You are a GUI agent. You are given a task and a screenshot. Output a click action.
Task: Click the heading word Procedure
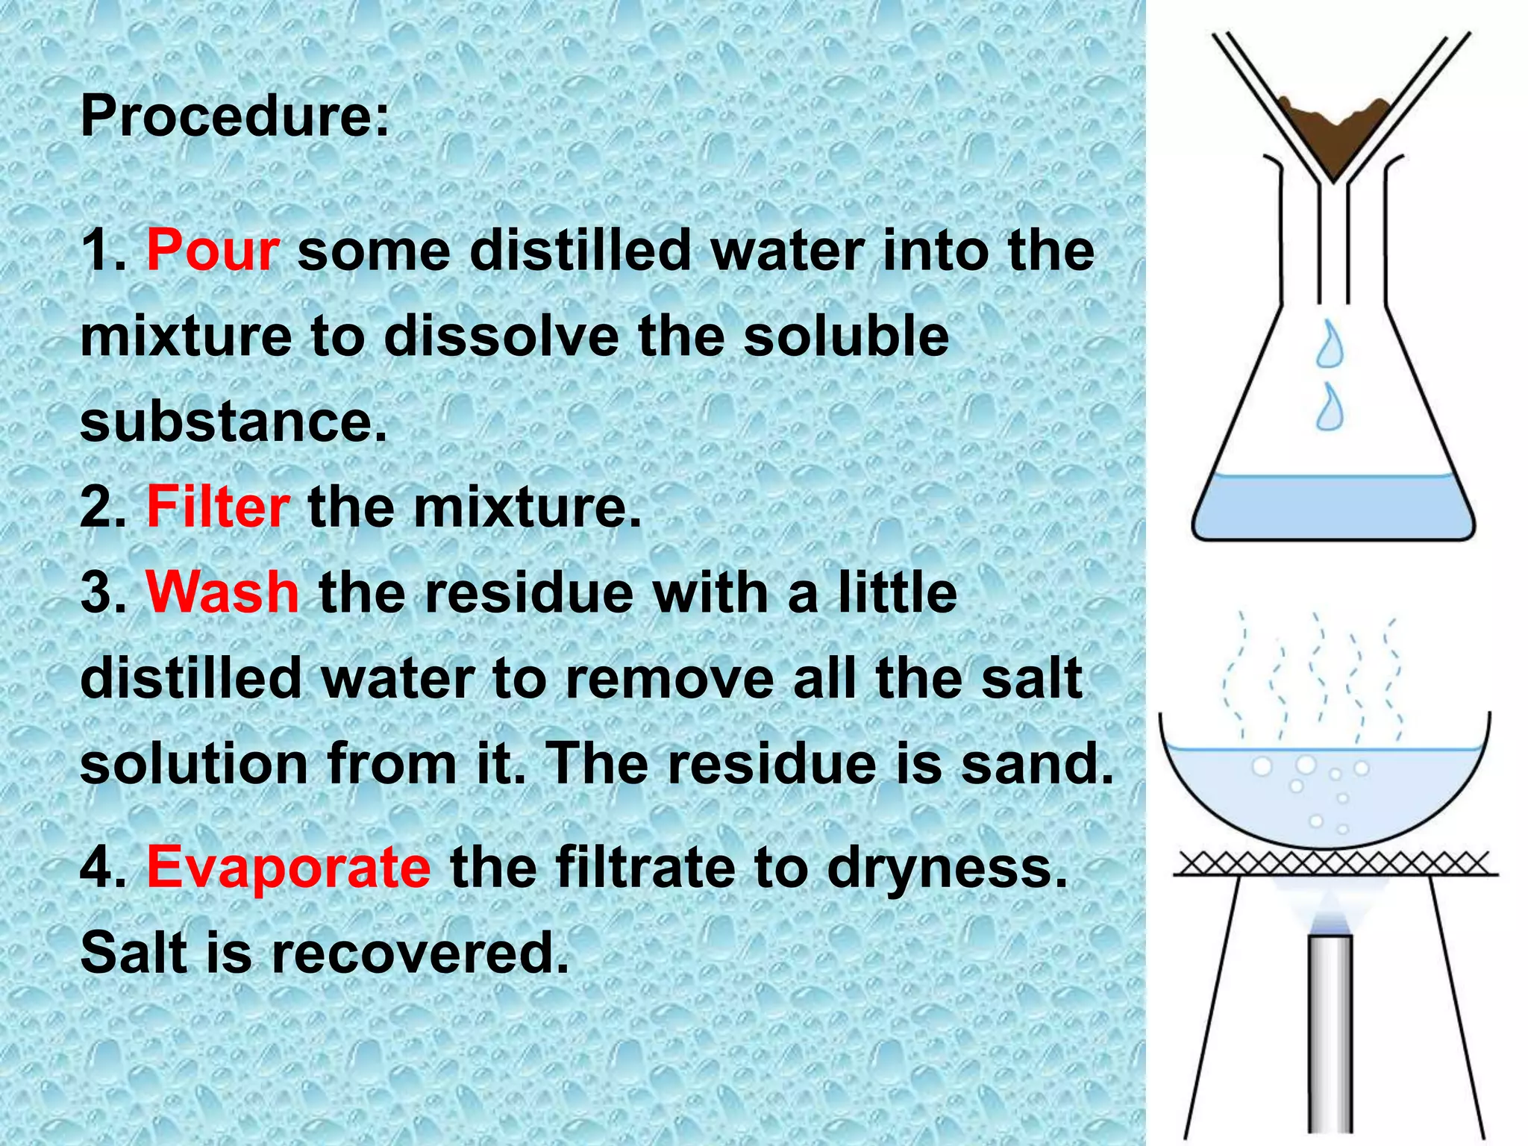[x=233, y=116]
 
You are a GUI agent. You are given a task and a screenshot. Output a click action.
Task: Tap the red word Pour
[x=213, y=250]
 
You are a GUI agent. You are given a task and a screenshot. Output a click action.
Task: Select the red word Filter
[x=218, y=507]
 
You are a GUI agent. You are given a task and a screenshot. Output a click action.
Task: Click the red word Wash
[x=222, y=592]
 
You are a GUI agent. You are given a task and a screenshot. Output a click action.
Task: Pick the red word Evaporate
[x=288, y=867]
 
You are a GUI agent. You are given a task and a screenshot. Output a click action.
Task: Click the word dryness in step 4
[x=947, y=868]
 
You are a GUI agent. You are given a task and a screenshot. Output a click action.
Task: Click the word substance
[x=233, y=422]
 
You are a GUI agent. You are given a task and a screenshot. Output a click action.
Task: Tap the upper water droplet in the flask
[x=1330, y=345]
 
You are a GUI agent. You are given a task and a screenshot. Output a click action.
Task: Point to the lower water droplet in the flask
[x=1330, y=408]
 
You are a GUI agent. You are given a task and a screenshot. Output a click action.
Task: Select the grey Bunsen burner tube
[x=1331, y=1037]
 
